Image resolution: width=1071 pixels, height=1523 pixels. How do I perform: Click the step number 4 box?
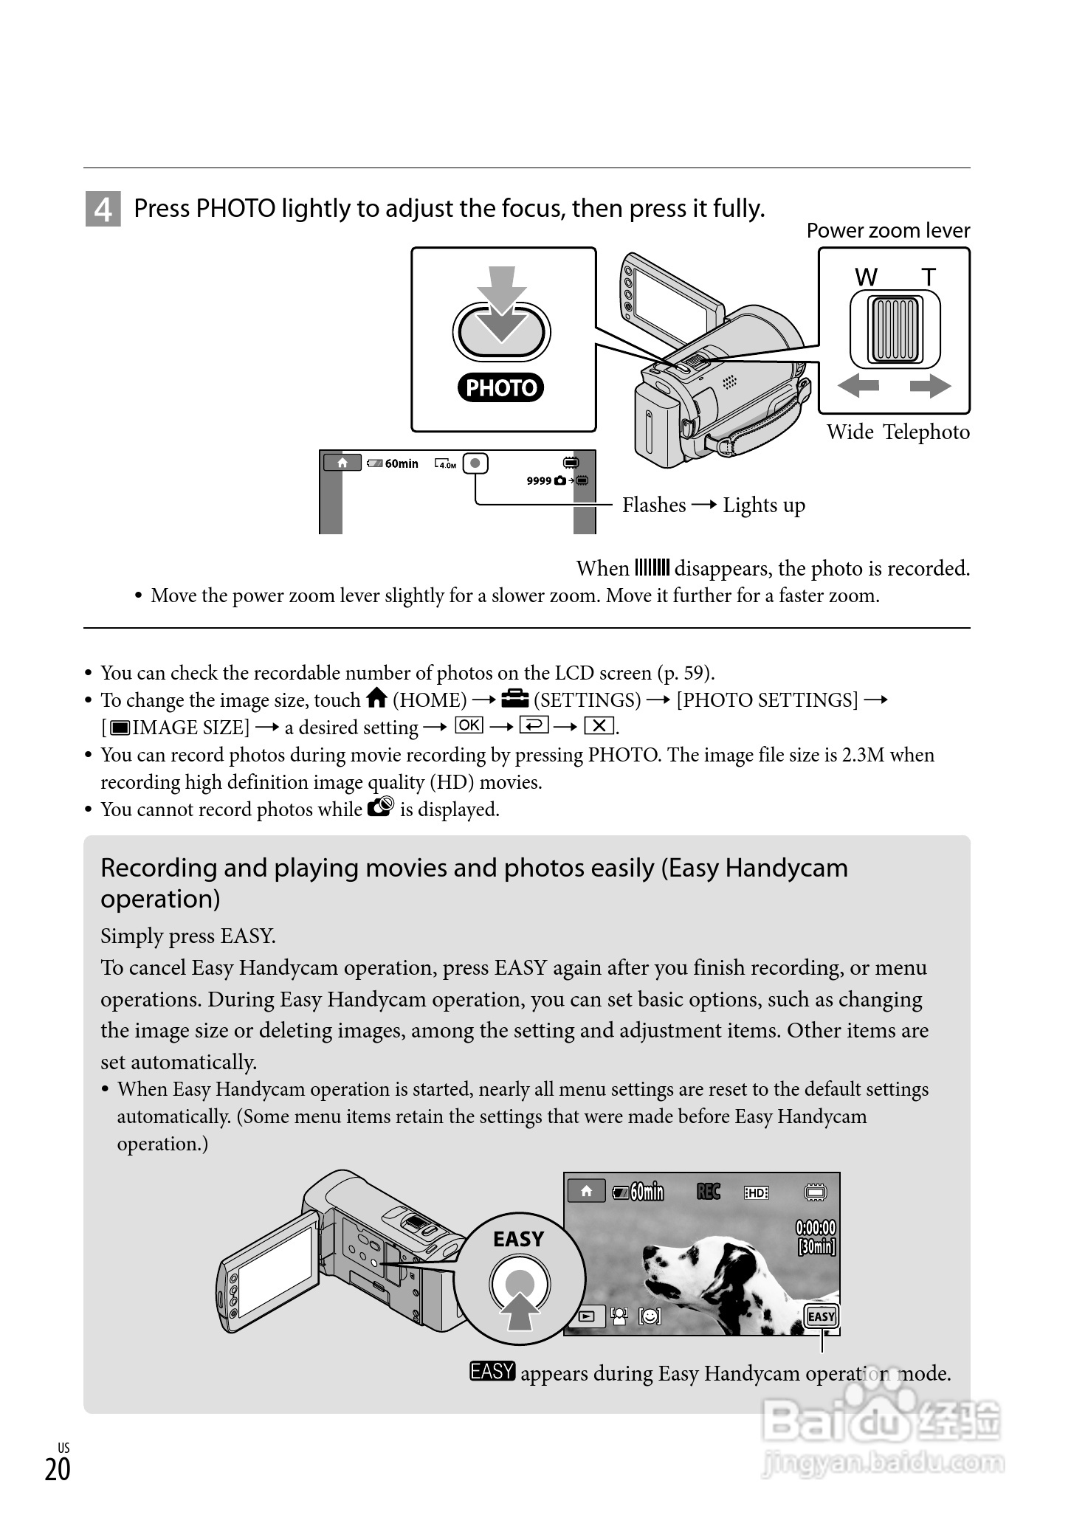click(103, 210)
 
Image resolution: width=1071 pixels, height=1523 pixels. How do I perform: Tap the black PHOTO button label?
click(500, 387)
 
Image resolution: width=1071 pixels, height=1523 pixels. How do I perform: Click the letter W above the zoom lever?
click(866, 277)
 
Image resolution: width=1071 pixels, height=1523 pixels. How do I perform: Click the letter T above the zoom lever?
click(929, 277)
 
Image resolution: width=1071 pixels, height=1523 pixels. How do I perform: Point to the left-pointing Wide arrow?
click(859, 385)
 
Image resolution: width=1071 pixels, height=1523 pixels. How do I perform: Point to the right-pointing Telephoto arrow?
click(930, 385)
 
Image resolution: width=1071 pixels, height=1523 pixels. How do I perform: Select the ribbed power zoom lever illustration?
click(895, 329)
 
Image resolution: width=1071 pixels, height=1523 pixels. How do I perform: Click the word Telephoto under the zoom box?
click(926, 432)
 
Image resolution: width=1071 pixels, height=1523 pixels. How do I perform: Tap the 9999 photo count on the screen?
click(539, 481)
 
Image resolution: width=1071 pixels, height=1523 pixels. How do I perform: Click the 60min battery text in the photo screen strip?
click(402, 464)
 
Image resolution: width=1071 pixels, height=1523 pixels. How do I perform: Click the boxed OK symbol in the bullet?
click(469, 725)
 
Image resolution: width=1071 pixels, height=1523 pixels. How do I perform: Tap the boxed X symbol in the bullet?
click(599, 726)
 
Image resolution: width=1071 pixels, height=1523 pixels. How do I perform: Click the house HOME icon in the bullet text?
click(376, 697)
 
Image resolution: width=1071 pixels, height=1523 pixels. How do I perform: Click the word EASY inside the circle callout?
click(518, 1239)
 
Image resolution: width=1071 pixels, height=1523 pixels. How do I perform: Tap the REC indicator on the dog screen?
click(708, 1192)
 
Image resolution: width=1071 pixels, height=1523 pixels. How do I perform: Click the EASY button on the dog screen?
click(821, 1316)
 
